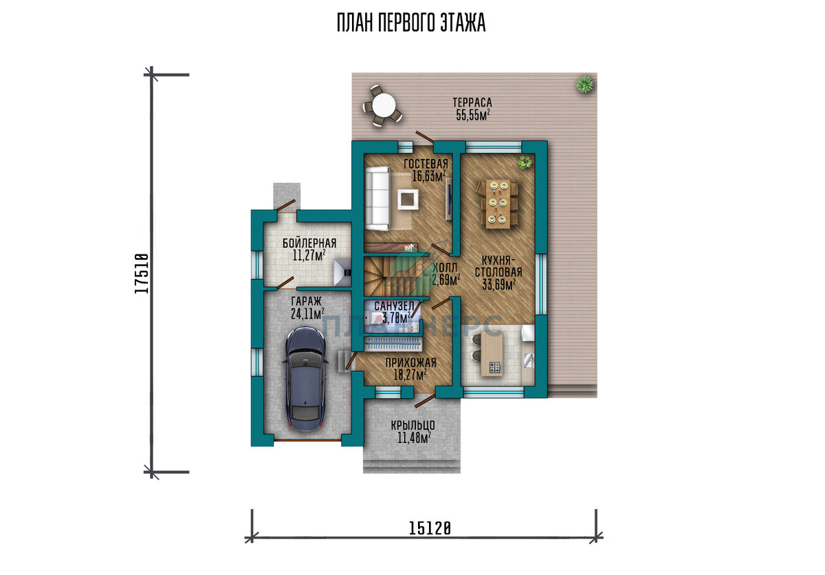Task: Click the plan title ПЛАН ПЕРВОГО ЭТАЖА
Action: pyautogui.click(x=411, y=23)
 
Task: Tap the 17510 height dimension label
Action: pyautogui.click(x=142, y=273)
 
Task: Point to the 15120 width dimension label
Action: pyautogui.click(x=430, y=528)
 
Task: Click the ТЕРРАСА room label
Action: pyautogui.click(x=472, y=102)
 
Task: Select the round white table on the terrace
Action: pyautogui.click(x=384, y=105)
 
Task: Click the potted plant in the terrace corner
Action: pyautogui.click(x=585, y=85)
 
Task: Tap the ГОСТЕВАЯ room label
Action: pyautogui.click(x=426, y=164)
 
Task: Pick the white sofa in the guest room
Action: pyautogui.click(x=377, y=198)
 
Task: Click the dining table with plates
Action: pyautogui.click(x=498, y=204)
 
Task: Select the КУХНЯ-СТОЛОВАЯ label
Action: pyautogui.click(x=498, y=266)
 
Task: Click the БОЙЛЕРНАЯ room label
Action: pyautogui.click(x=309, y=243)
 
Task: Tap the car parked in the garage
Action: pyautogui.click(x=305, y=379)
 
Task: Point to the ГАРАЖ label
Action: pyautogui.click(x=306, y=301)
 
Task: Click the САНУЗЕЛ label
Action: pyautogui.click(x=394, y=306)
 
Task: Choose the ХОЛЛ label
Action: pyautogui.click(x=445, y=268)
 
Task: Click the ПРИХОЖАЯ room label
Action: pyautogui.click(x=410, y=362)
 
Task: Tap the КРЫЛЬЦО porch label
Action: pyautogui.click(x=413, y=425)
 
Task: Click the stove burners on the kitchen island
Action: pyautogui.click(x=496, y=367)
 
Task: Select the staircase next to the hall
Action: pyautogui.click(x=392, y=276)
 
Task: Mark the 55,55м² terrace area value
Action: pyautogui.click(x=473, y=115)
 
